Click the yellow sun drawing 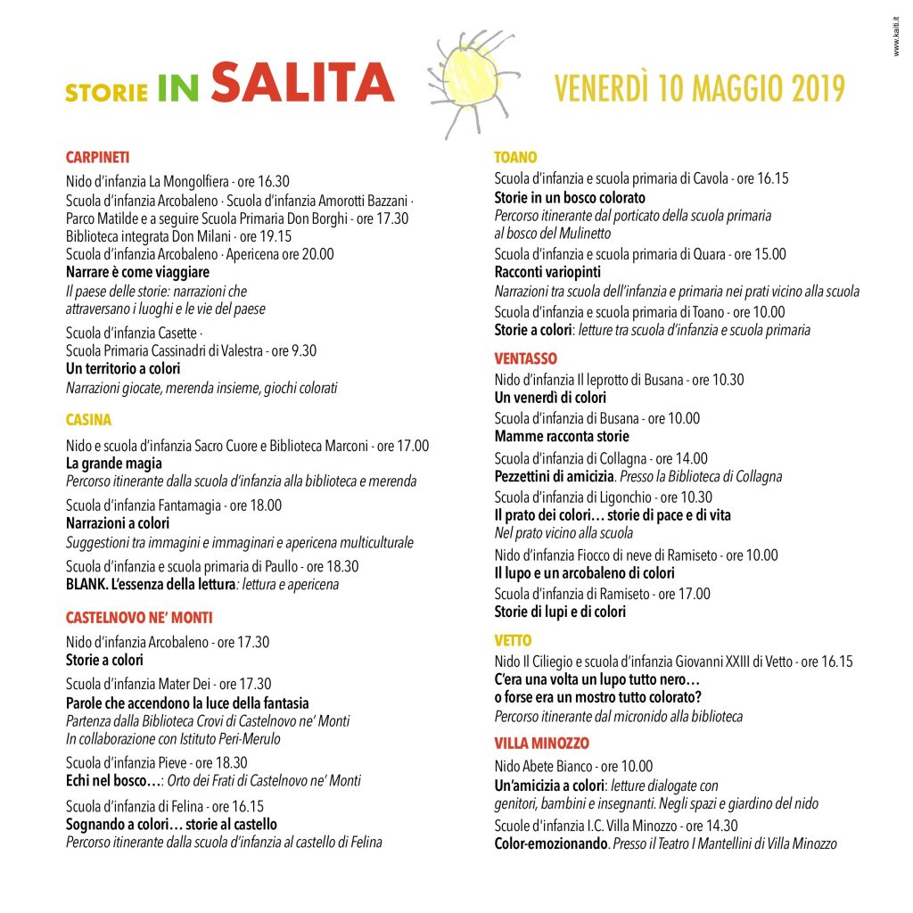click(469, 80)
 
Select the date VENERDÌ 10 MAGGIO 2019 click(699, 88)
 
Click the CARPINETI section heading click(98, 158)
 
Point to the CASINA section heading click(88, 420)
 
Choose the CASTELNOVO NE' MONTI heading click(139, 618)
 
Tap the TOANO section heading click(516, 158)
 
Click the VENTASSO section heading click(526, 358)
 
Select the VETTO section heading click(513, 640)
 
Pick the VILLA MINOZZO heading click(542, 744)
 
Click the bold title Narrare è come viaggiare click(138, 272)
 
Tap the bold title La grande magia click(114, 463)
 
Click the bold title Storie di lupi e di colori click(560, 612)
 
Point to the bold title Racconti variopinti click(547, 272)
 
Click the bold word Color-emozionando click(550, 843)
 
